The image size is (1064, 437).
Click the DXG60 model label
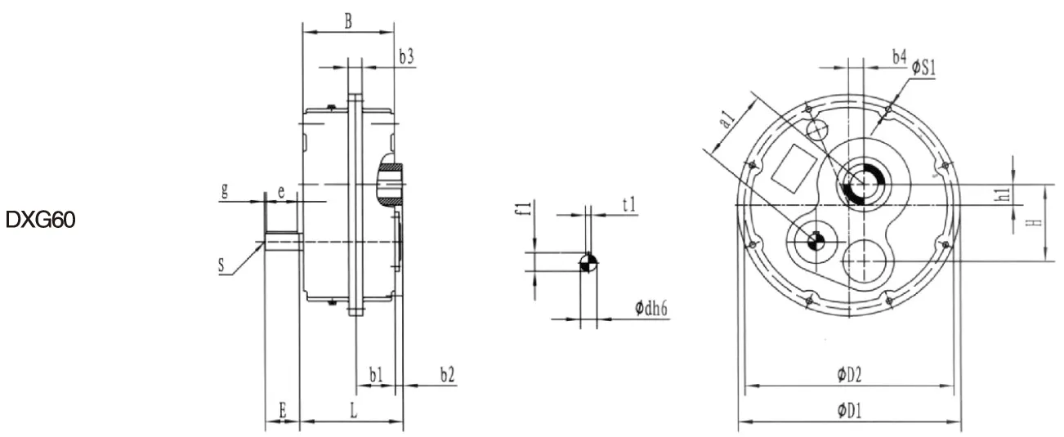point(41,221)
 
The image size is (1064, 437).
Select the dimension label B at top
point(348,21)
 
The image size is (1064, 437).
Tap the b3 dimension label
point(406,56)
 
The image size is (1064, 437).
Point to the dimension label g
point(224,191)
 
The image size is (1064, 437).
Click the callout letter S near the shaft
point(221,265)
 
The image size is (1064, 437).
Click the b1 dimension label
point(376,375)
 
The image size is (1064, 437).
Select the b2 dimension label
point(447,375)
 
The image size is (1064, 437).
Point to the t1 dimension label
point(628,204)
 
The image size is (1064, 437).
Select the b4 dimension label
point(898,57)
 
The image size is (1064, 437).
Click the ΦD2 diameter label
point(850,375)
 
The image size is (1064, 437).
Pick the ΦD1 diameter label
point(850,411)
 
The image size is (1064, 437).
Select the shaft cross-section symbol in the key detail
point(588,262)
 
